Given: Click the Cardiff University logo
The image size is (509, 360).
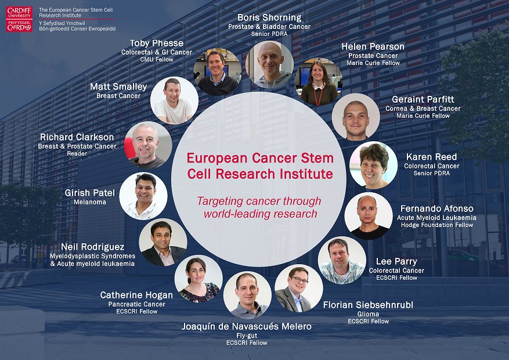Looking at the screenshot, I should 19,19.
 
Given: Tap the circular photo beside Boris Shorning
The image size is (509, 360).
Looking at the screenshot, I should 269,64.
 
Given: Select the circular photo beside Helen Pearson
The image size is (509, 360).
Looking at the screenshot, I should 319,82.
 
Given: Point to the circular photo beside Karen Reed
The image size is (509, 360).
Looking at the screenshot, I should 373,165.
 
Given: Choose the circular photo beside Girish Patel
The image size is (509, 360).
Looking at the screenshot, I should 143,196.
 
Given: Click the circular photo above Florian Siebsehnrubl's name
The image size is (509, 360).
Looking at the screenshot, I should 298,288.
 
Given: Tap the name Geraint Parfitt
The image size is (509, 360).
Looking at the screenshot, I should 423,99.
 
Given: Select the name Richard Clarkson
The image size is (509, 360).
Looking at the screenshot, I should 77,137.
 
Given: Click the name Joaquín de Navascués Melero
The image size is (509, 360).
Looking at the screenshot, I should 247,326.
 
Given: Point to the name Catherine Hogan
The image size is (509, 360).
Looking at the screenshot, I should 132,295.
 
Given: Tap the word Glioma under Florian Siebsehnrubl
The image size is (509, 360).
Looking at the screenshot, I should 367,314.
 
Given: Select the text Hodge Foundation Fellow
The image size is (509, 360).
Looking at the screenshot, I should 437,225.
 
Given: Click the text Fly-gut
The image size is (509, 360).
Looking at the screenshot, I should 247,335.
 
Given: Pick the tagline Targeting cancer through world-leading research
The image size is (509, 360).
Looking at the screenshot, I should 258,207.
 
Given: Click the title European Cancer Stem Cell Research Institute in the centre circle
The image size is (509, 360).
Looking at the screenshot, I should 259,165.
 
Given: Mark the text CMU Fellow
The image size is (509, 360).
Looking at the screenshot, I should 157,60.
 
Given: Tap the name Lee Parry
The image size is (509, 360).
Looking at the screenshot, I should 396,261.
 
